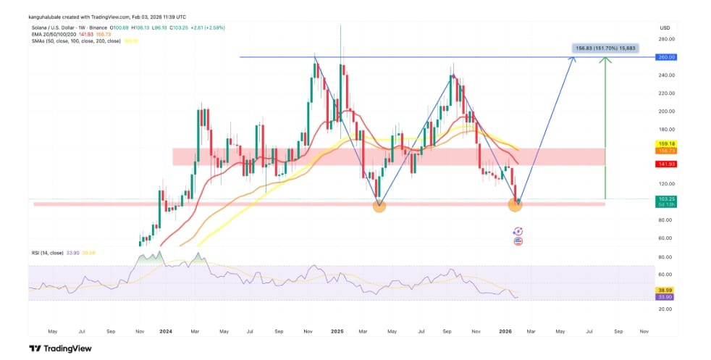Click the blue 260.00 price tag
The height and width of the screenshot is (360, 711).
coord(665,56)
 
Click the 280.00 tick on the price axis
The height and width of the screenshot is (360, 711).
coord(666,39)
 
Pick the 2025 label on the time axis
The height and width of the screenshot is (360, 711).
coord(336,330)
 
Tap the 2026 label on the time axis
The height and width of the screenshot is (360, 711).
coord(507,330)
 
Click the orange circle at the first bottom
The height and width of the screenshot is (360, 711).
coord(379,206)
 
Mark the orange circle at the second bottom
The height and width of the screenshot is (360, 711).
coord(515,205)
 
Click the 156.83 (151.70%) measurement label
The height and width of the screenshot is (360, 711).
coord(604,49)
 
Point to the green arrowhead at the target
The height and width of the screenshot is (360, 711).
coord(604,59)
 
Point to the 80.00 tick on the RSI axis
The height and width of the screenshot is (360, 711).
coord(664,257)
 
